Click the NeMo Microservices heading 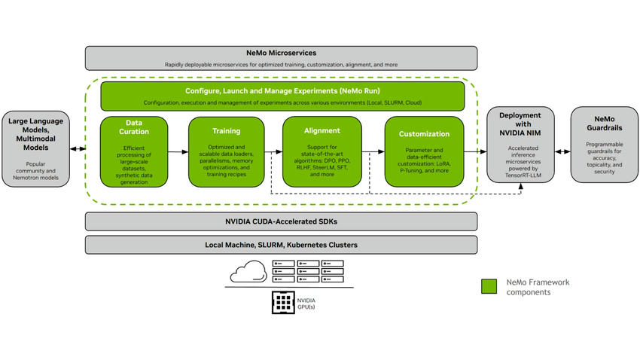coord(281,53)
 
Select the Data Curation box coord(133,151)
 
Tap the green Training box coord(226,151)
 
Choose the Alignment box coord(322,151)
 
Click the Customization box coord(423,151)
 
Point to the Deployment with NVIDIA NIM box coord(520,144)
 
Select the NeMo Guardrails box coord(604,144)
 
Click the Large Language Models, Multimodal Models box coord(36,144)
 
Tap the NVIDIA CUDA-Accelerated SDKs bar coord(281,221)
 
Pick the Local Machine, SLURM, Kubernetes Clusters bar coord(281,245)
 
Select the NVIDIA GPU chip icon coord(282,303)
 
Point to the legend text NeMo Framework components coord(538,286)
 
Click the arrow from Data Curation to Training coord(178,152)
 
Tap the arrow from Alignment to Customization coord(373,152)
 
